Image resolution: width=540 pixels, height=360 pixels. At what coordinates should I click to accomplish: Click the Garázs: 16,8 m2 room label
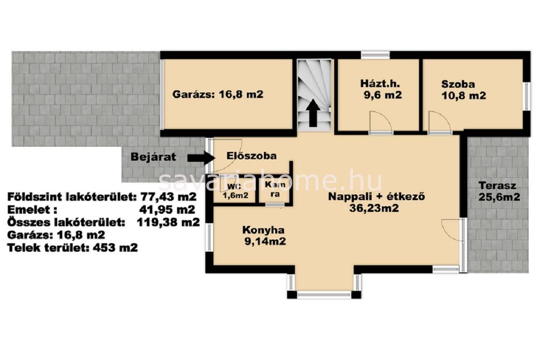(217, 94)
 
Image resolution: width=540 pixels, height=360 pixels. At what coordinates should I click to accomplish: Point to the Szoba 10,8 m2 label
(464, 90)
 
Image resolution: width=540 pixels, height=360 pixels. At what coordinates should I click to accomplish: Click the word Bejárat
(153, 157)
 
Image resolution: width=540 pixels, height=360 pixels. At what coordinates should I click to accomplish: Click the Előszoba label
(251, 156)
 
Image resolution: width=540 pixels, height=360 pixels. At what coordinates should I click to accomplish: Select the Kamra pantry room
(275, 189)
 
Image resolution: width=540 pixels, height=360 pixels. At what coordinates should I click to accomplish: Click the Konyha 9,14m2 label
(264, 236)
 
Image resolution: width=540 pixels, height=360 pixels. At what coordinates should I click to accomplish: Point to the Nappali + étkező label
(376, 197)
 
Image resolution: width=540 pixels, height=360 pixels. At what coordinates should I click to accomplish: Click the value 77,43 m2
(169, 197)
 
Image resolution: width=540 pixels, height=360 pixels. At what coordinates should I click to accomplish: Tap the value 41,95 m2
(167, 210)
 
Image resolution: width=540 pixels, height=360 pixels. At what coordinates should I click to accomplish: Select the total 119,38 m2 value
(168, 222)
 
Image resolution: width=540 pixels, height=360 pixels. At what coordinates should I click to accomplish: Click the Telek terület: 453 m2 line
(73, 247)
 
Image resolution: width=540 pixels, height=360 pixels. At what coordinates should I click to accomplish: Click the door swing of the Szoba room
(440, 121)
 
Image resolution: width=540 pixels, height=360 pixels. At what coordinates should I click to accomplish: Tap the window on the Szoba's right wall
(526, 97)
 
